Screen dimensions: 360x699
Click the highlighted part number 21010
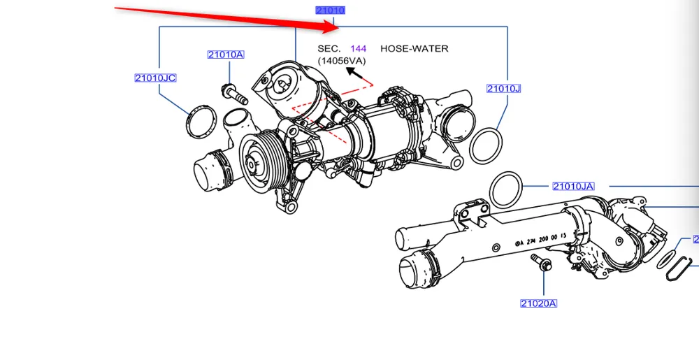pos(331,10)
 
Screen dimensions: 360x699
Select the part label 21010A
pos(225,55)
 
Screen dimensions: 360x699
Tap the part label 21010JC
pos(155,78)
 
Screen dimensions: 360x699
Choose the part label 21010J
pos(504,88)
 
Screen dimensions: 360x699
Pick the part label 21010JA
pos(573,186)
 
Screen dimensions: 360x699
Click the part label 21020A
pos(538,303)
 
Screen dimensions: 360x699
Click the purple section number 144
pos(358,48)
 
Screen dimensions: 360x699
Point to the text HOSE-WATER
pos(414,48)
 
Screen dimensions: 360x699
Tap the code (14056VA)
pos(341,61)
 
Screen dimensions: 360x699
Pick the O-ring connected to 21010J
pos(484,145)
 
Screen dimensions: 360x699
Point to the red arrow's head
pos(334,27)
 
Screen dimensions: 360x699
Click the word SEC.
pos(329,48)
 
